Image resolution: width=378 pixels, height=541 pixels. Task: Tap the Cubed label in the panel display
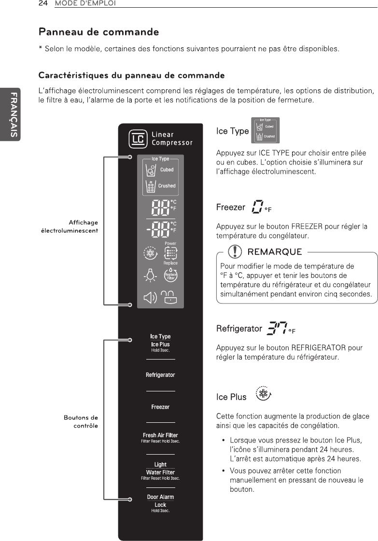point(167,170)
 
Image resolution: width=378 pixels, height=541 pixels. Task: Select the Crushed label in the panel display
point(167,186)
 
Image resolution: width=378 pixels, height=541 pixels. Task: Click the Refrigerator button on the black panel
point(160,375)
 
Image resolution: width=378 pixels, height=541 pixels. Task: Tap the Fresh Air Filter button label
point(160,435)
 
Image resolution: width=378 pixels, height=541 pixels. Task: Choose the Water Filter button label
point(160,472)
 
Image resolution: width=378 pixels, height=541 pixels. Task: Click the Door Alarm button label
point(160,497)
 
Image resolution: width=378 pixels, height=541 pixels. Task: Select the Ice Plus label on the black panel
point(160,345)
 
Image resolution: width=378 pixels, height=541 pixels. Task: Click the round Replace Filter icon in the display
point(170,276)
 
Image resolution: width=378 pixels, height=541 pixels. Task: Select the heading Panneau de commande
point(99,32)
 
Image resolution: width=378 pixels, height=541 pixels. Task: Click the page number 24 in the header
point(42,3)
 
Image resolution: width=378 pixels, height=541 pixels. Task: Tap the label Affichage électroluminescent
point(70,226)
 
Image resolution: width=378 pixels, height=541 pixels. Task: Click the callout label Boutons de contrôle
point(81,421)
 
